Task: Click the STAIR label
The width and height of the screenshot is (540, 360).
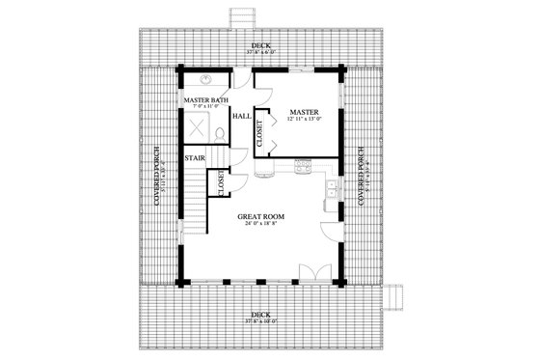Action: tap(195, 156)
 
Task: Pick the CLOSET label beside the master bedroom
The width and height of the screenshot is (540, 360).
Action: tap(260, 133)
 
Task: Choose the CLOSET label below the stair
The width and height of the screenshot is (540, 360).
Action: tap(222, 182)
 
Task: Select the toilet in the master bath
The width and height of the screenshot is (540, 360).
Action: tap(221, 133)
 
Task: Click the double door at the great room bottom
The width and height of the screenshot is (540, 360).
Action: tap(309, 270)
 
